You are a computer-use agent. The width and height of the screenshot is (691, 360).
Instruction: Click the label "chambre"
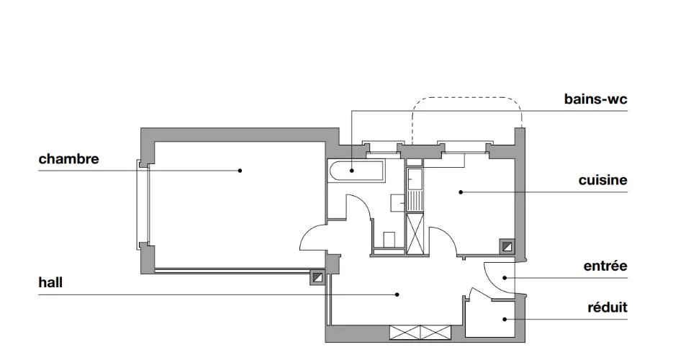pos(69,158)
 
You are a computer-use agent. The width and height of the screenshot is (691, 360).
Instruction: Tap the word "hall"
pos(50,282)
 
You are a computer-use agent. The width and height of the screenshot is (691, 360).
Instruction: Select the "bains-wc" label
pos(595,99)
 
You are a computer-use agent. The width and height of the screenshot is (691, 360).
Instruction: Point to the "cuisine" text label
pos(602,180)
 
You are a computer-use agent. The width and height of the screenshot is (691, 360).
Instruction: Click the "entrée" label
pos(605,266)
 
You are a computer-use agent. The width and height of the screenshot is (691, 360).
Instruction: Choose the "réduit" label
pos(608,307)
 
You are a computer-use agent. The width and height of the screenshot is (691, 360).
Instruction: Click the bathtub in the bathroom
pos(356,171)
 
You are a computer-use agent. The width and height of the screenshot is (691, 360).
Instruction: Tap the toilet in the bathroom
pos(389,240)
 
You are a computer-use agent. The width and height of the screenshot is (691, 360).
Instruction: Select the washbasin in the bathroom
pos(398,202)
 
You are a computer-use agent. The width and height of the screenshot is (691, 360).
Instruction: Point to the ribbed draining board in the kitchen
pos(415,201)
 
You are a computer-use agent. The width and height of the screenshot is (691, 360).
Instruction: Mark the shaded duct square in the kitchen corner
pos(507,246)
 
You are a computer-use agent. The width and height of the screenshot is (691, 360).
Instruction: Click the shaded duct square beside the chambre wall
pos(317,277)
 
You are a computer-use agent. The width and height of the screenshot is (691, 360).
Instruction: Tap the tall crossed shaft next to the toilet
pos(415,233)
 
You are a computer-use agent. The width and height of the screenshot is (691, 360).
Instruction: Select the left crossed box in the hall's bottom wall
pos(405,332)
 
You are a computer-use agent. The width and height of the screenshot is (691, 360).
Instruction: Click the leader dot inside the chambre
pos(240,171)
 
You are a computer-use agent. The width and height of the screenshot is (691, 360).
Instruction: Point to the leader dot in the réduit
pos(505,320)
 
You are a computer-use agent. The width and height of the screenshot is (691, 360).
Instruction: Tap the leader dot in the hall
pos(397,294)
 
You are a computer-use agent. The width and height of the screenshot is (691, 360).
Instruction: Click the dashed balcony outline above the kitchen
pos(467,98)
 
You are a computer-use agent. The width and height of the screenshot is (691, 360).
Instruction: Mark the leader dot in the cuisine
pos(461,192)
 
